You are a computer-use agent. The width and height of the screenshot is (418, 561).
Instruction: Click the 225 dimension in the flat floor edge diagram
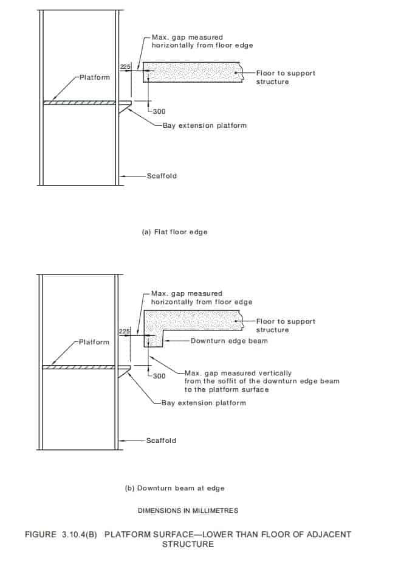[125, 67]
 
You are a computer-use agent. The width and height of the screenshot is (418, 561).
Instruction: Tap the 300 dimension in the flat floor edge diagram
[159, 111]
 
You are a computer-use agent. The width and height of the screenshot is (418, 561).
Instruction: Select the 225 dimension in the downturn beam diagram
[125, 332]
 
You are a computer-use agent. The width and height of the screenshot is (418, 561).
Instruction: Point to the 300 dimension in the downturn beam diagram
[159, 376]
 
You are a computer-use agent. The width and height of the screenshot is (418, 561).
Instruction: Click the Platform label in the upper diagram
[95, 77]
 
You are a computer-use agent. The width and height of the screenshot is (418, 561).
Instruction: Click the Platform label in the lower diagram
[94, 342]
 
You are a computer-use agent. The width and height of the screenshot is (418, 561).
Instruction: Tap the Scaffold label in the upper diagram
[162, 176]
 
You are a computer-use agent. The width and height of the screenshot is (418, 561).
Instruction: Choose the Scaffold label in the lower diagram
[161, 441]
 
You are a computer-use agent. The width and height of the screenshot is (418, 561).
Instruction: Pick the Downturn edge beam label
[229, 341]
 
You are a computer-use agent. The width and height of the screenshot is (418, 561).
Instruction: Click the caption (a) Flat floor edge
[175, 232]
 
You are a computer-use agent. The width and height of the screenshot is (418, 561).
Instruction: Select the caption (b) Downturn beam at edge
[175, 489]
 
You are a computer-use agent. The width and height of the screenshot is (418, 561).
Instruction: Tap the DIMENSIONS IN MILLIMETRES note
[188, 510]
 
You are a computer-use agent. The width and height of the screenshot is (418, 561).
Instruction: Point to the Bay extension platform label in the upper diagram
[205, 125]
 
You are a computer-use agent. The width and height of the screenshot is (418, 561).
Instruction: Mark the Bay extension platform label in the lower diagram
[204, 403]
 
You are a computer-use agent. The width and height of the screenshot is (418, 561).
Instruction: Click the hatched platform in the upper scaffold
[80, 103]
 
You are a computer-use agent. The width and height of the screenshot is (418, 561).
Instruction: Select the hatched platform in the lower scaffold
[78, 368]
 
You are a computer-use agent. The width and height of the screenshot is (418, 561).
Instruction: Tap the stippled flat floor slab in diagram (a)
[193, 72]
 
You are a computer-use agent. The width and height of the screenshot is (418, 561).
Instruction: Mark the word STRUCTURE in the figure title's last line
[188, 544]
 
